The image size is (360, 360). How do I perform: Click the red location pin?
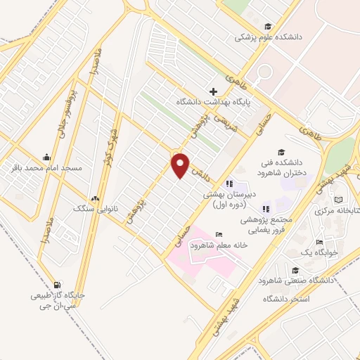coord(181,166)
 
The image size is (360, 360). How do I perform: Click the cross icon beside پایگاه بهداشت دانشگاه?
coord(213,91)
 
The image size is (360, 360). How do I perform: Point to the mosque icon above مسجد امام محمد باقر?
coord(46,157)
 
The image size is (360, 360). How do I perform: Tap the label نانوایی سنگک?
coord(94,209)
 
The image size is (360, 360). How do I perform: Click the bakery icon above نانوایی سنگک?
coord(95,198)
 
